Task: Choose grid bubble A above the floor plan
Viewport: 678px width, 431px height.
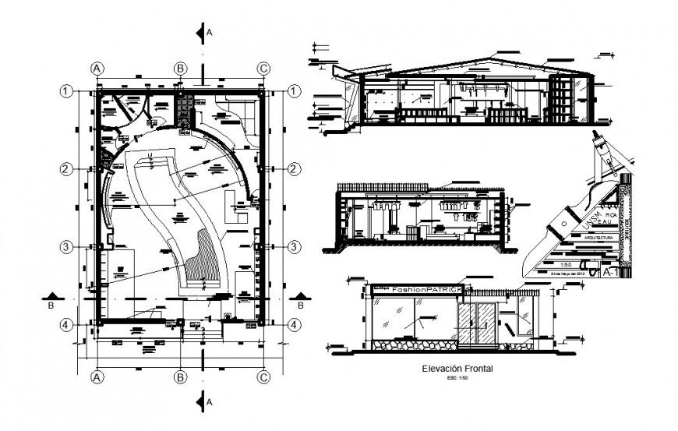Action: (98, 69)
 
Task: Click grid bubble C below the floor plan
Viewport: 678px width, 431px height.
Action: (263, 376)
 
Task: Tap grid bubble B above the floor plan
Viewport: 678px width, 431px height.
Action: (180, 69)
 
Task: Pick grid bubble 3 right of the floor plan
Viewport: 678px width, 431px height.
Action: (295, 247)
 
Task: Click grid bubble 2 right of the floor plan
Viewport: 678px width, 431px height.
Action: (295, 169)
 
